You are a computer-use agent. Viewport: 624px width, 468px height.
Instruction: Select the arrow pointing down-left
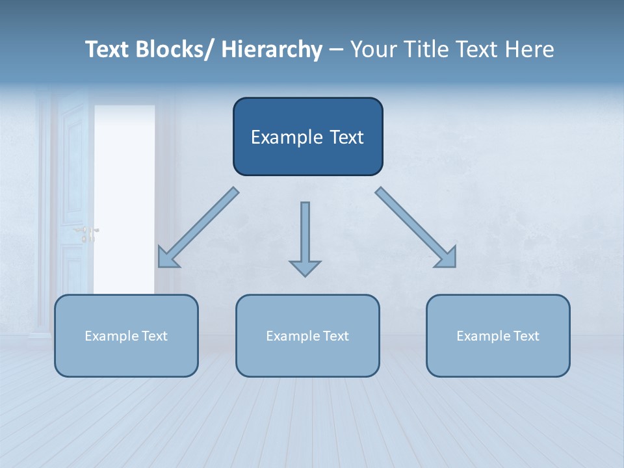(198, 227)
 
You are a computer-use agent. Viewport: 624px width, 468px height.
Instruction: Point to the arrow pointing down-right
(416, 227)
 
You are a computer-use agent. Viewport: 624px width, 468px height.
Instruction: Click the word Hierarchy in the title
(272, 49)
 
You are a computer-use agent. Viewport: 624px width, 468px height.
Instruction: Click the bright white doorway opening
(124, 195)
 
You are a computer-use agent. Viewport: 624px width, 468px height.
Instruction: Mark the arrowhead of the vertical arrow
(305, 267)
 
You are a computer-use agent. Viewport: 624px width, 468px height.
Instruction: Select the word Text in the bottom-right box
(525, 336)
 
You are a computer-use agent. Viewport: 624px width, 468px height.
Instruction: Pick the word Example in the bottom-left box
(110, 336)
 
